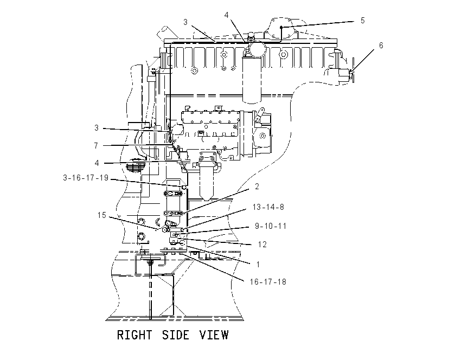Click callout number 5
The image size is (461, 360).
(363, 21)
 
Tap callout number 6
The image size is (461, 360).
(381, 45)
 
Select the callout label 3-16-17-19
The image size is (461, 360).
(86, 178)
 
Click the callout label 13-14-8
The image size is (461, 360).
(268, 207)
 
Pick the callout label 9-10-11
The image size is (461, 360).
(271, 226)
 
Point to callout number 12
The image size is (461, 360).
(262, 245)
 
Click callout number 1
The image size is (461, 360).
(258, 265)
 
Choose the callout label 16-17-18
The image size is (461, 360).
(268, 282)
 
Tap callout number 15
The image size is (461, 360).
(102, 215)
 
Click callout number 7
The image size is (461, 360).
(96, 145)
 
